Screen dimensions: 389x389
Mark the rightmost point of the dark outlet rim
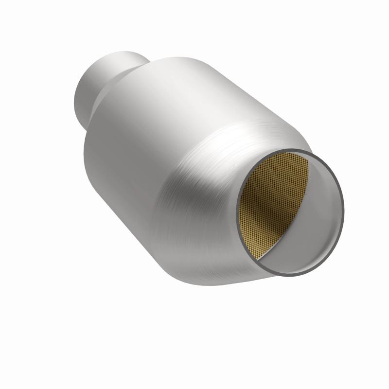(x=343, y=204)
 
